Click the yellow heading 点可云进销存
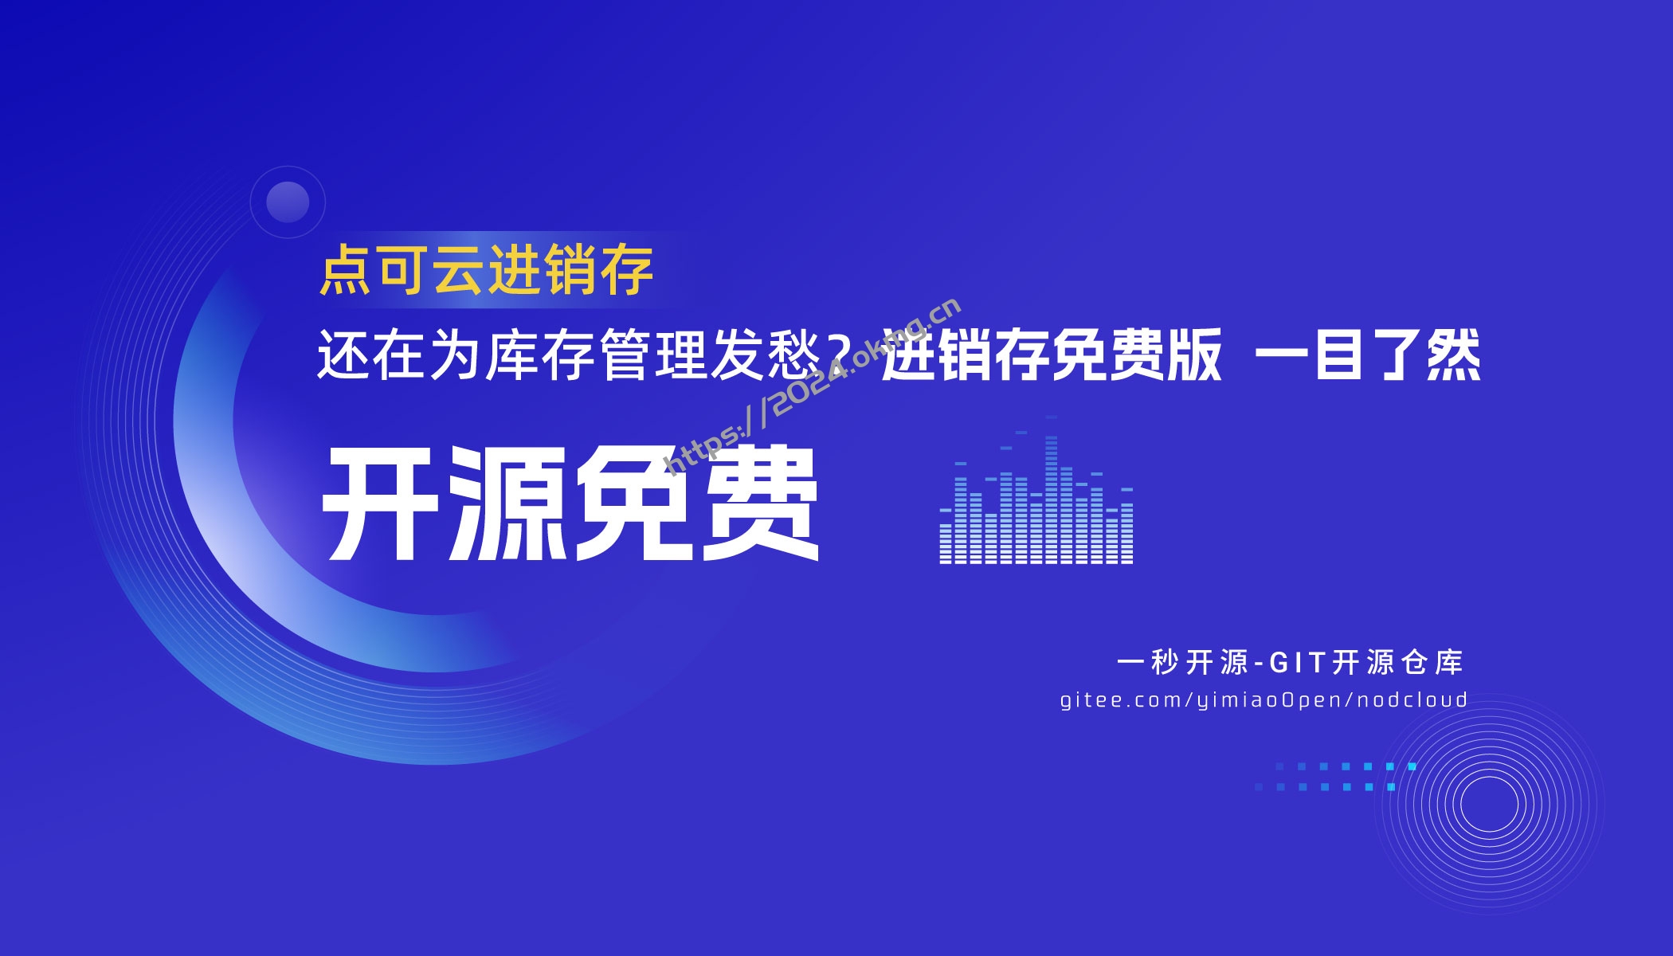click(x=486, y=271)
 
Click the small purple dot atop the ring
click(x=288, y=202)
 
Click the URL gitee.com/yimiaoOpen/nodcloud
click(x=1264, y=700)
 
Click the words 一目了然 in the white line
click(x=1368, y=356)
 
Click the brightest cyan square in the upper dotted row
click(x=1412, y=766)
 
